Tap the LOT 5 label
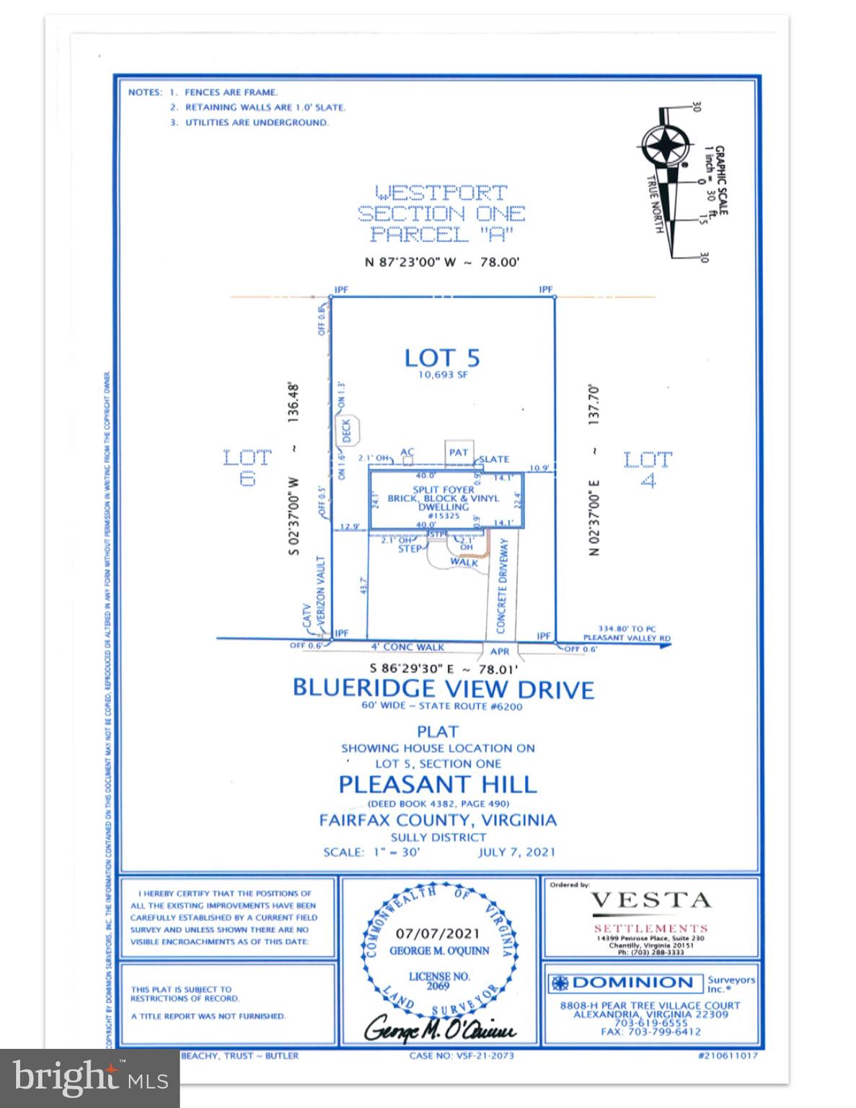442,358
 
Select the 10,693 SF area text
442,375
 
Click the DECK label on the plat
346,430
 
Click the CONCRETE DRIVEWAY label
503,586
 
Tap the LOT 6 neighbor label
247,467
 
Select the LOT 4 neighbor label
647,469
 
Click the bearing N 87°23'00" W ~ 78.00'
442,263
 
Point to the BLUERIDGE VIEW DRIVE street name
443,689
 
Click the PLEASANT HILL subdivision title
437,783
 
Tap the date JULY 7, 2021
516,852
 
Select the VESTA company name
650,900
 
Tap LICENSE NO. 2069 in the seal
439,980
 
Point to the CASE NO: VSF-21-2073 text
461,1056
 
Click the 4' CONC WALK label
407,647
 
